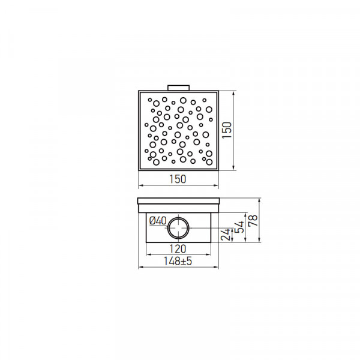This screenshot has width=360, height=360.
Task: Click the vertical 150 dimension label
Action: [227, 130]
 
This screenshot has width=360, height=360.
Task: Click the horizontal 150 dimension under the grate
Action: [178, 179]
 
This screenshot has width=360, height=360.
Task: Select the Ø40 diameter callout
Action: [158, 221]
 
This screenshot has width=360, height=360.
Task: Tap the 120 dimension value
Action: [178, 249]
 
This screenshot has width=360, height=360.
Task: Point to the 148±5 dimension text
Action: [178, 261]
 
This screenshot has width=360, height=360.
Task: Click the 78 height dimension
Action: [254, 220]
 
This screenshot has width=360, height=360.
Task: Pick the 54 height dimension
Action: [240, 227]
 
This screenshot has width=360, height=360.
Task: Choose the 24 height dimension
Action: [226, 234]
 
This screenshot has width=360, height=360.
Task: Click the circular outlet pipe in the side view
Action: [178, 228]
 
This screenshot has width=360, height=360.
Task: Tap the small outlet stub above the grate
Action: [178, 88]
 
